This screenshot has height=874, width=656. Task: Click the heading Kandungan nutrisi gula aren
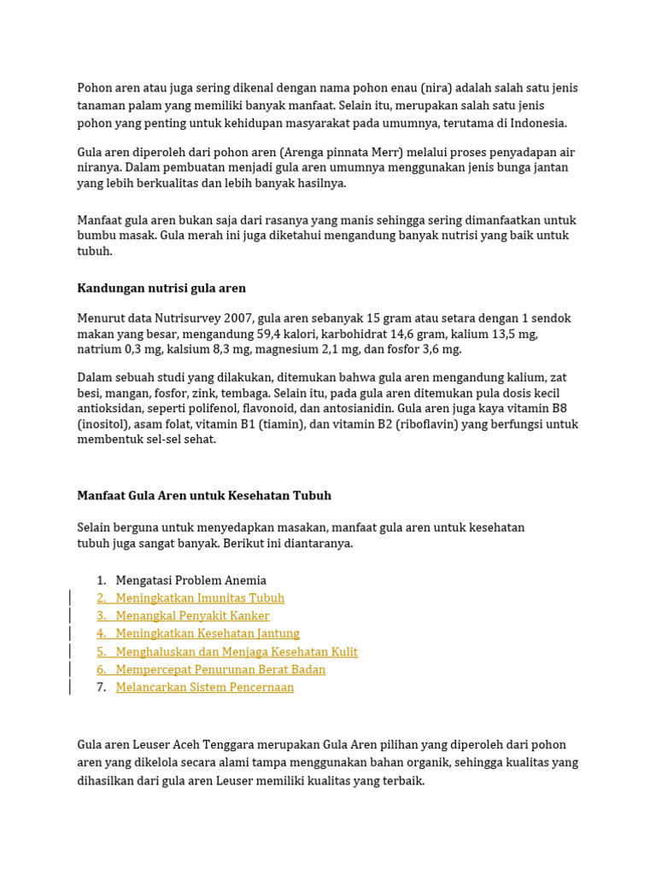[161, 288]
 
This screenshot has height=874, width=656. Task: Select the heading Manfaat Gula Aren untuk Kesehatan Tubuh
[204, 496]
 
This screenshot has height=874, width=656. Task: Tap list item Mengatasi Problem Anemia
[191, 580]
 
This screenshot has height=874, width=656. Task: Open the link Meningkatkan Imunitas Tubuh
[200, 598]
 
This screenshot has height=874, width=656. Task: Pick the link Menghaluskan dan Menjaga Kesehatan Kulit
[237, 652]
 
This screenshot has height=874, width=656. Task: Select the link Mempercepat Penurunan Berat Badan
[220, 670]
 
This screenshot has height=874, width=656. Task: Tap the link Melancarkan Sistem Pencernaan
[205, 688]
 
